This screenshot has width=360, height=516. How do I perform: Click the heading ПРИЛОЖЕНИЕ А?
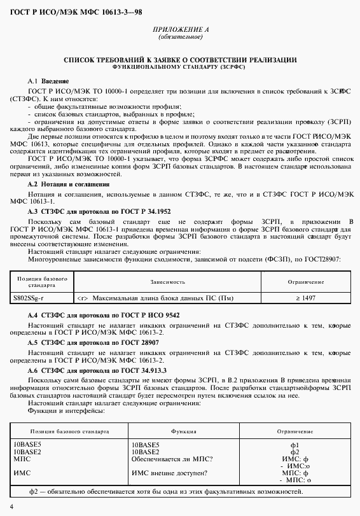180,30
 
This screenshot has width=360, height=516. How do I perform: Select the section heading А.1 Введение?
48,81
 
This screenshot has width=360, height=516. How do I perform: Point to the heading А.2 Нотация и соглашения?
64,183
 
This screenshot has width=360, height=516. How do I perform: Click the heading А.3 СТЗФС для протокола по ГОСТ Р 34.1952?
99,210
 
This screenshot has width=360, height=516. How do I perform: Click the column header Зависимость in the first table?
168,281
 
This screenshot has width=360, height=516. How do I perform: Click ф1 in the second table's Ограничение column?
294,445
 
